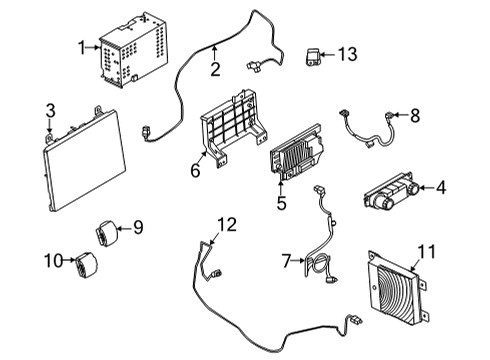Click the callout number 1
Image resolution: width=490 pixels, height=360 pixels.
pyautogui.click(x=82, y=48)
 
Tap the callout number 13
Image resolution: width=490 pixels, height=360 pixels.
pyautogui.click(x=348, y=54)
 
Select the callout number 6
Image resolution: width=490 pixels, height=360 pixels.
pyautogui.click(x=195, y=170)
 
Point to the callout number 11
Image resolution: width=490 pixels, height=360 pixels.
pyautogui.click(x=427, y=252)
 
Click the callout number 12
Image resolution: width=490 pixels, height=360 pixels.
pyautogui.click(x=227, y=224)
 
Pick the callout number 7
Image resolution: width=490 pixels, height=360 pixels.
pyautogui.click(x=286, y=261)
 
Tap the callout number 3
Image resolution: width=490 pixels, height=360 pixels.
pyautogui.click(x=50, y=111)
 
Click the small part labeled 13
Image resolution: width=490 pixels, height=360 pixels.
pyautogui.click(x=313, y=57)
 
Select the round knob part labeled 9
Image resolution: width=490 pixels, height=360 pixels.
pyautogui.click(x=107, y=233)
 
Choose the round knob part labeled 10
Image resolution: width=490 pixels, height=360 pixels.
pyautogui.click(x=86, y=264)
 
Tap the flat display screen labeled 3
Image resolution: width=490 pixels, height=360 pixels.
pyautogui.click(x=84, y=159)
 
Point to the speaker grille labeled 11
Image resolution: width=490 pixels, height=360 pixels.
pyautogui.click(x=396, y=288)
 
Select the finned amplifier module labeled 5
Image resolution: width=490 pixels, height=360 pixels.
pyautogui.click(x=296, y=152)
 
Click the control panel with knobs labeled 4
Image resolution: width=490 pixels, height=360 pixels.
pyautogui.click(x=392, y=192)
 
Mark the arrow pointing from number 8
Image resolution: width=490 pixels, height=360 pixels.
pyautogui.click(x=400, y=115)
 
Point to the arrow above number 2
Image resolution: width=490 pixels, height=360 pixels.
pyautogui.click(x=215, y=54)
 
